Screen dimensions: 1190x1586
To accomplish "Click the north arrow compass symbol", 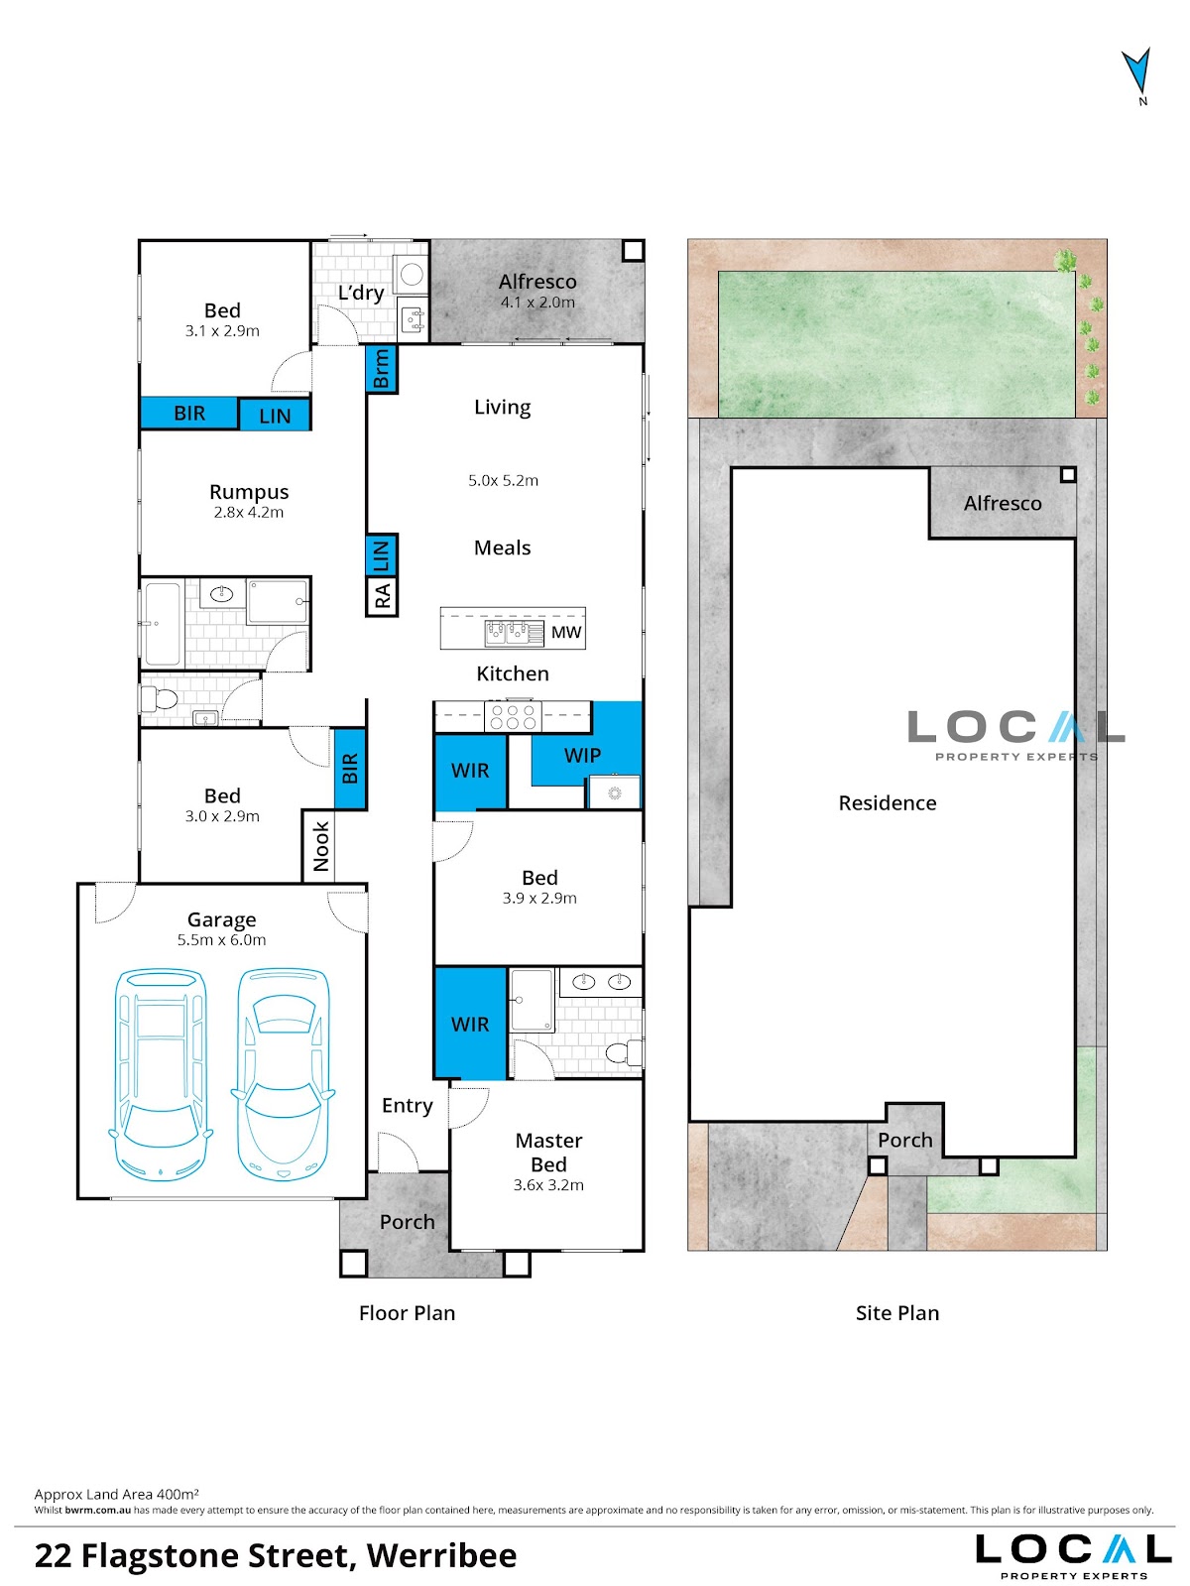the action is click(x=1136, y=72).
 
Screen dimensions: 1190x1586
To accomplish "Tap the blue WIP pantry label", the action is click(x=582, y=755).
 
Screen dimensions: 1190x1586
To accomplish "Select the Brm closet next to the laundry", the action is click(x=381, y=368).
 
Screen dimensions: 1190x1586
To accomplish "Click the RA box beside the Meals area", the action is click(x=382, y=596).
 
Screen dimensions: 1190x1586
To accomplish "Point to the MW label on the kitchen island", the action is click(x=566, y=632).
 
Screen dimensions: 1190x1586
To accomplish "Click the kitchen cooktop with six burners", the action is click(x=513, y=716).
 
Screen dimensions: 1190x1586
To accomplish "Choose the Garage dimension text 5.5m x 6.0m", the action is click(x=222, y=940).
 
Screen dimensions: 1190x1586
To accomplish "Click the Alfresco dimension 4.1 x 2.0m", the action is click(x=537, y=303).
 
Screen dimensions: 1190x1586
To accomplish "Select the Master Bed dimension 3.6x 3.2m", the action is click(x=548, y=1185).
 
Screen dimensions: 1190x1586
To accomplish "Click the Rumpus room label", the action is click(x=249, y=492).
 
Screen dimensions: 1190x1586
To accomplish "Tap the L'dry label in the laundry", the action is click(x=361, y=293).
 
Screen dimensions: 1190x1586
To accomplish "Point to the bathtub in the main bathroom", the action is click(x=163, y=624).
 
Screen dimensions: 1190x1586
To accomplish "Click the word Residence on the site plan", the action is click(x=888, y=802).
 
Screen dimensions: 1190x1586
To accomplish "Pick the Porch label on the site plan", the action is click(x=905, y=1140).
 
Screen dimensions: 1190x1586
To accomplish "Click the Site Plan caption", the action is click(x=897, y=1313).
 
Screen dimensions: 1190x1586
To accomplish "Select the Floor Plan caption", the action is click(x=408, y=1313).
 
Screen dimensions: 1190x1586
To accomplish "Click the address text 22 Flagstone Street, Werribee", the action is click(x=276, y=1555).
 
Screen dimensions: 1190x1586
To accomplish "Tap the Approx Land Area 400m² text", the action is click(x=116, y=1494).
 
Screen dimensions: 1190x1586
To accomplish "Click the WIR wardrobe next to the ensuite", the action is click(x=470, y=1024).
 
